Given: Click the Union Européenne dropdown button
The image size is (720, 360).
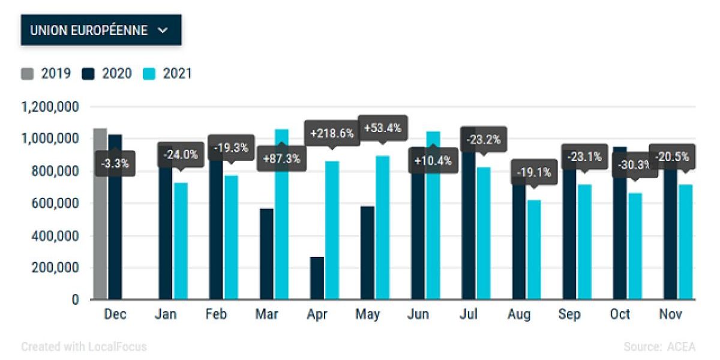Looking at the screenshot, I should click(x=101, y=31).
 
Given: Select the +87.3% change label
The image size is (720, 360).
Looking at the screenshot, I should click(x=281, y=161).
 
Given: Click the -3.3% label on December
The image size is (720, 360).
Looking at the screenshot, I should click(x=115, y=163).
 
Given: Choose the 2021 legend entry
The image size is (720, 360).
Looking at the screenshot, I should click(x=168, y=74).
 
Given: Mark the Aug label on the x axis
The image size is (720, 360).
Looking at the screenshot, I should click(x=518, y=314).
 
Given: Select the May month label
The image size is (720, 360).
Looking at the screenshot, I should click(x=368, y=314).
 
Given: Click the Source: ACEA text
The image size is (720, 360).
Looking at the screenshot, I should click(x=659, y=347).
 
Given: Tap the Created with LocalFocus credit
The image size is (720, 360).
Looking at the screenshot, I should click(x=84, y=347).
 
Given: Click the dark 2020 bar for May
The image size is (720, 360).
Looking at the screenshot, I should click(x=367, y=252).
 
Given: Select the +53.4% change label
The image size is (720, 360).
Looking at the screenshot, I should click(x=382, y=128).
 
